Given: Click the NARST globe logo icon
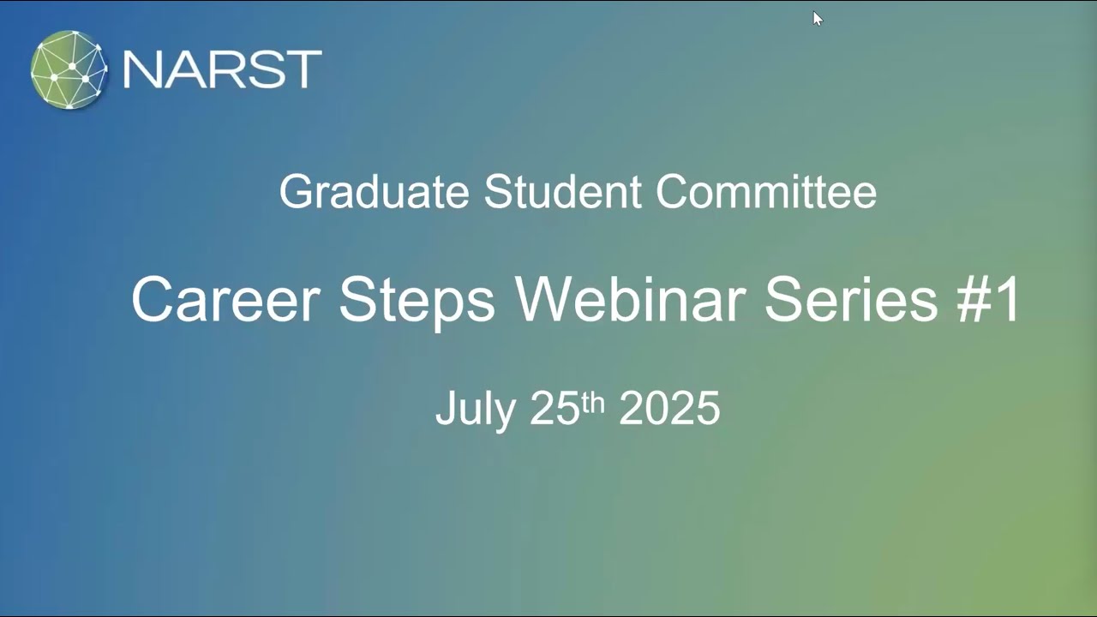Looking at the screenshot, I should [69, 70].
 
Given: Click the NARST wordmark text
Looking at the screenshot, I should [222, 70].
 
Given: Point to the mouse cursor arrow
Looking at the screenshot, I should [817, 19].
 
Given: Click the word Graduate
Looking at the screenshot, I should [375, 192].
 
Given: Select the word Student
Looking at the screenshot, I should [562, 191].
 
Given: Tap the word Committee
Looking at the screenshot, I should [766, 191].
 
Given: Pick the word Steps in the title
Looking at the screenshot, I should [417, 302].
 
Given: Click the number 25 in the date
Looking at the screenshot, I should [554, 409].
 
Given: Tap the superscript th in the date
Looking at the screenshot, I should [593, 400].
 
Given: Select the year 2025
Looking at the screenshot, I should [669, 409].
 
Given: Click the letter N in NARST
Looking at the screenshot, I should [141, 70].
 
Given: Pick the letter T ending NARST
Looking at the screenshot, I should [304, 70].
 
